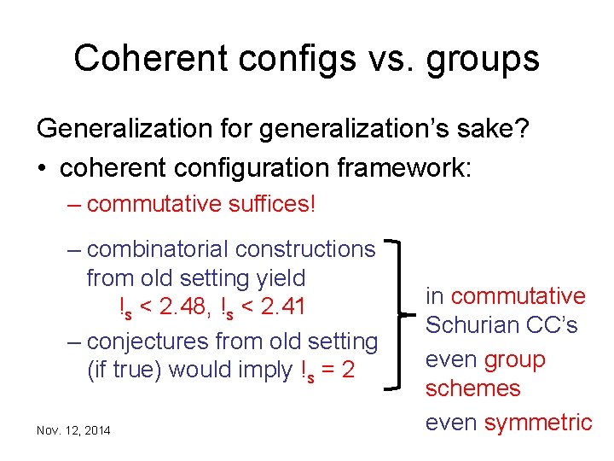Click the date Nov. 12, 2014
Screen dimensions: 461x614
point(73,430)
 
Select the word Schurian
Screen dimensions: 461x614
point(489,325)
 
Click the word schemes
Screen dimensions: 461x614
point(472,388)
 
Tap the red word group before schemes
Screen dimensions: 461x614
point(514,359)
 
